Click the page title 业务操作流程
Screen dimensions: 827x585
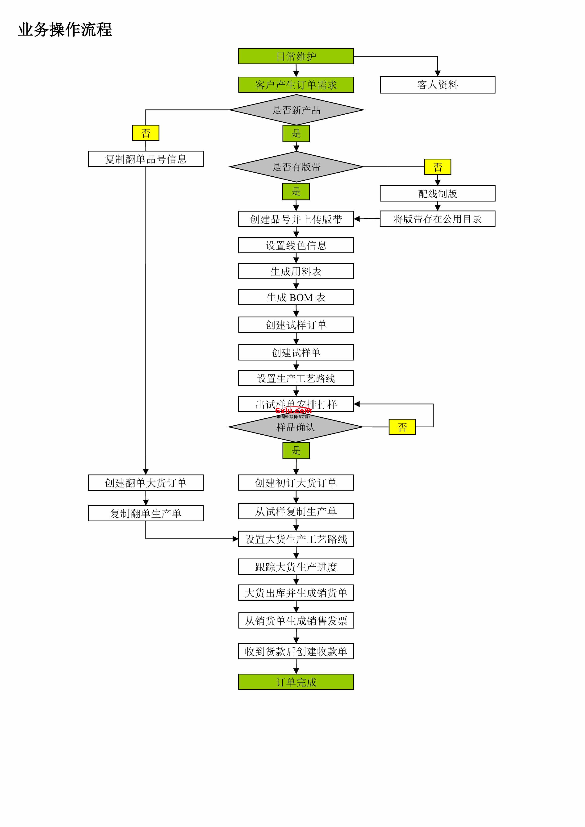click(65, 29)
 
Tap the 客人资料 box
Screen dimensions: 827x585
click(437, 85)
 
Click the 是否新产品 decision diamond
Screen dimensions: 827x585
click(296, 110)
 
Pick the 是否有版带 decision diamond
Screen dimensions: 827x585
click(296, 167)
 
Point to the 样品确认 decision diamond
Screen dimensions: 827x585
click(295, 428)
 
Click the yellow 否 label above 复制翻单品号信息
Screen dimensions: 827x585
click(146, 133)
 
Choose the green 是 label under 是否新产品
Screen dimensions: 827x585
click(296, 133)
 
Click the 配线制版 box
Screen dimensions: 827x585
click(437, 194)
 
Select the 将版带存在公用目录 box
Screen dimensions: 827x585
click(437, 219)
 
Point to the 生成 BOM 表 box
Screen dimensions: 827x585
click(296, 297)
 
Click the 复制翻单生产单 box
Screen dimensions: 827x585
click(146, 513)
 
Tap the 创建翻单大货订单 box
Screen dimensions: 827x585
click(146, 483)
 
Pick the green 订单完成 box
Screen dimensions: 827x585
click(296, 682)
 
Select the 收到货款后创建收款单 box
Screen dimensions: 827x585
click(296, 651)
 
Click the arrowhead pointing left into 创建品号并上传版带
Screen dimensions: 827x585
click(357, 219)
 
